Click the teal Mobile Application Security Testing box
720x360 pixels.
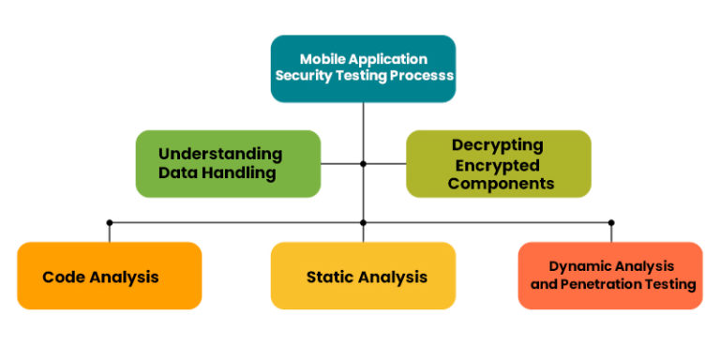tap(363, 67)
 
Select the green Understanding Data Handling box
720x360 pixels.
tap(228, 163)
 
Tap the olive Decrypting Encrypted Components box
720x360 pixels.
tap(498, 163)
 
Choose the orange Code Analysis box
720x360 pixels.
tap(109, 276)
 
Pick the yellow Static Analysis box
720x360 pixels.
tap(363, 276)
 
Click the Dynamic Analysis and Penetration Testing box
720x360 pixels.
tap(610, 276)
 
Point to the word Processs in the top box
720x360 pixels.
tap(418, 76)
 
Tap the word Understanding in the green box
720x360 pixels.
tap(219, 154)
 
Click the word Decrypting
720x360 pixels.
tap(497, 145)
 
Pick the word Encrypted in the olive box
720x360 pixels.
tap(497, 164)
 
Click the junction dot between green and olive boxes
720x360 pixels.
tap(363, 163)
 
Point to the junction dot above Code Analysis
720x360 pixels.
tap(109, 222)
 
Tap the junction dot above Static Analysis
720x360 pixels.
tap(363, 222)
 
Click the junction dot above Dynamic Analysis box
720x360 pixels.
tap(611, 222)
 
